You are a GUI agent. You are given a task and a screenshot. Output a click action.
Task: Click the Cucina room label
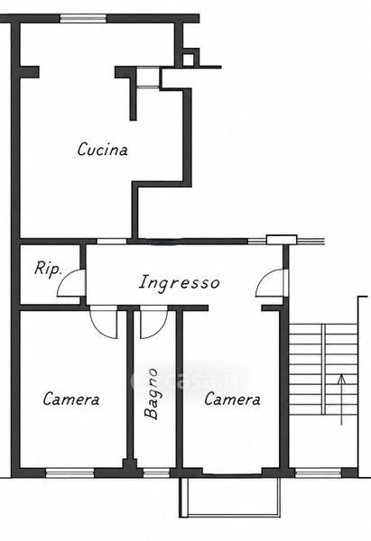103,150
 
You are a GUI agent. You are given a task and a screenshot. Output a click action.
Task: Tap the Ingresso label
180,282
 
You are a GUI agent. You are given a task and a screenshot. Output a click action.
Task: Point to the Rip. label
48,269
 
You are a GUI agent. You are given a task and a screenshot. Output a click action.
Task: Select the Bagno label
151,394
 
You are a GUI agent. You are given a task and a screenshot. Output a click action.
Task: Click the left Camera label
71,399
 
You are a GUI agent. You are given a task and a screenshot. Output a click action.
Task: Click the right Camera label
232,399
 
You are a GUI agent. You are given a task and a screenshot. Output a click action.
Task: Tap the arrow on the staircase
341,399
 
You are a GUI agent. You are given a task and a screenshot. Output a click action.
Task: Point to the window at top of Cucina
83,18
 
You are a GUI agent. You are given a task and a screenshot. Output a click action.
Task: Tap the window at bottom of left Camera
70,472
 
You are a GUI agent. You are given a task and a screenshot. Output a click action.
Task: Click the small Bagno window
156,472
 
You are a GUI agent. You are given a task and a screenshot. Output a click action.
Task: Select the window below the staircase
319,472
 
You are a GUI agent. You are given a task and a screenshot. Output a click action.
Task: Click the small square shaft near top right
189,60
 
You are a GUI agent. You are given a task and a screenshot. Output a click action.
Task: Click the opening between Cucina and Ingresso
112,241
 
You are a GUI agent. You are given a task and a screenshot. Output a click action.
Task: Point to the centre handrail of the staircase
323,369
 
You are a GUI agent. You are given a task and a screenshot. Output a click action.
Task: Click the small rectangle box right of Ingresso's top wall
282,240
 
